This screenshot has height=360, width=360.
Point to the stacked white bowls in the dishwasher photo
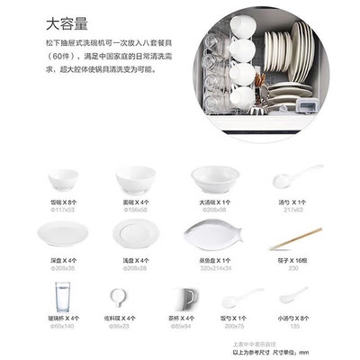tap(240, 63)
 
